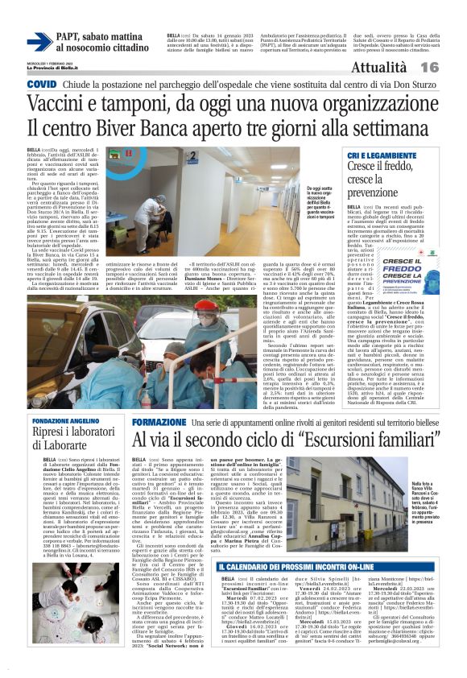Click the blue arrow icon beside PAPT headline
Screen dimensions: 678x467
coord(39,41)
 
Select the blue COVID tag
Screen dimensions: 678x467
coord(41,84)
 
